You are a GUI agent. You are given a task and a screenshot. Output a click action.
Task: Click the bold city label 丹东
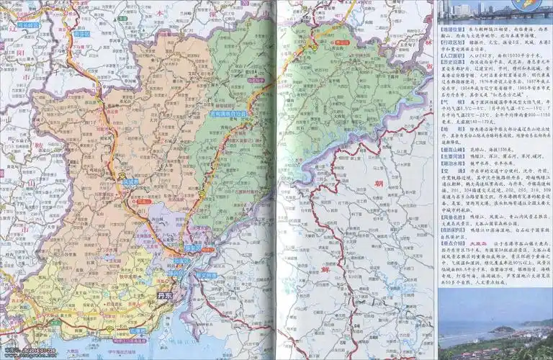(x=164, y=294)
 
